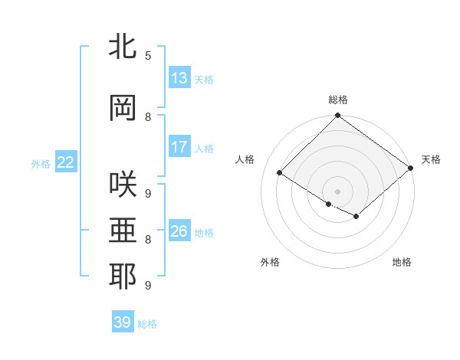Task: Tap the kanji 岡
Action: coord(123,108)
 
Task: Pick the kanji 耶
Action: coord(123,277)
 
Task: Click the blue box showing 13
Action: coord(179,78)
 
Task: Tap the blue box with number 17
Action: coord(179,146)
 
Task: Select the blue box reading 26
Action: coord(179,231)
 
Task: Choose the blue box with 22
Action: coord(66,162)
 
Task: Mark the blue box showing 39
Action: coord(123,322)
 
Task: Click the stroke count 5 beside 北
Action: coord(148,56)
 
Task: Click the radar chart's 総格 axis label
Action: coord(337,100)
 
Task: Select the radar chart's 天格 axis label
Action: coord(431,159)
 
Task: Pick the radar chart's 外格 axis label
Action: coord(270,263)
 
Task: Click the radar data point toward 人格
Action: coord(280,173)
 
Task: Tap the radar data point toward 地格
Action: coord(356,217)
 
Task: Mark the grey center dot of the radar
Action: coord(337,191)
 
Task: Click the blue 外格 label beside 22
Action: coord(41,163)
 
